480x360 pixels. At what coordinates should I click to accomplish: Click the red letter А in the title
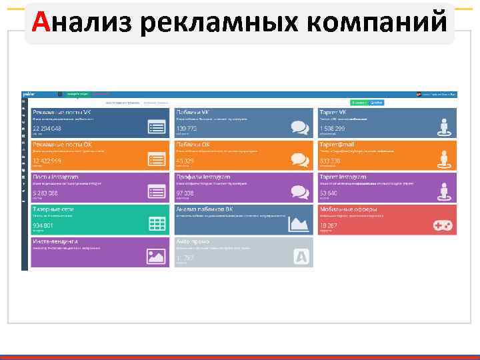[x=41, y=23]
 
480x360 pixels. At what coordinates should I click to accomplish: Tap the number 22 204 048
[x=47, y=128]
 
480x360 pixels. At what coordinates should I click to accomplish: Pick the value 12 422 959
[x=47, y=161]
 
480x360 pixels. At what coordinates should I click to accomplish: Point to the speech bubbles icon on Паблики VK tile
[x=300, y=127]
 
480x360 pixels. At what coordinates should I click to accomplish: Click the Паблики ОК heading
[x=193, y=144]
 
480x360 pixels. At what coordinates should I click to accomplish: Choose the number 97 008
[x=185, y=193]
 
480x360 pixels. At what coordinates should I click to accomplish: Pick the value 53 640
[x=329, y=193]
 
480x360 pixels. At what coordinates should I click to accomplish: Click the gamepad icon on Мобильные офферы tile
[x=443, y=225]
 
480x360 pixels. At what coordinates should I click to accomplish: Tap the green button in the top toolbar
[x=360, y=103]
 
